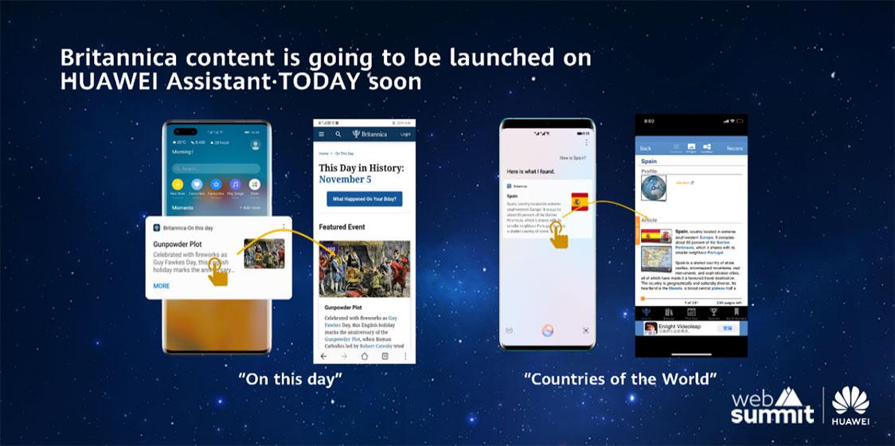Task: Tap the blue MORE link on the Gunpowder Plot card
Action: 162,285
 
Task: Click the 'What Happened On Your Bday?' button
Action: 364,198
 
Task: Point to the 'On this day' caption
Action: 290,379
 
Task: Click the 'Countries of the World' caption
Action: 620,379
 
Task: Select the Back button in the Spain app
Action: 646,148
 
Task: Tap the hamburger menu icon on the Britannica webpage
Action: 322,135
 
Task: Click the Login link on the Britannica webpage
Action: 405,135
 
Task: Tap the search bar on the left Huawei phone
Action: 215,169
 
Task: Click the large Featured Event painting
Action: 365,269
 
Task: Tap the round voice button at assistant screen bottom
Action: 547,329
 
